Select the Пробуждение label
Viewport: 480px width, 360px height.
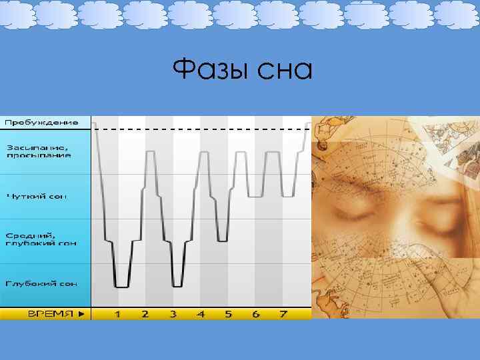42,123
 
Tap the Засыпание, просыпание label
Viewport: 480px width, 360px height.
39,151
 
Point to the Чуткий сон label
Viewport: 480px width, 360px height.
37,197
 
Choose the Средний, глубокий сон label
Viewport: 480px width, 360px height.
41,239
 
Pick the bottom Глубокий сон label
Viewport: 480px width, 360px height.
41,283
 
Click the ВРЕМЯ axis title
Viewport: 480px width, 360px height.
50,313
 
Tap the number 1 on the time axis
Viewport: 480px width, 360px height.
117,313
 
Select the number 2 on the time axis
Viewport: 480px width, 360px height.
145,313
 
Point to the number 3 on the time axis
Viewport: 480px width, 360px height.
173,313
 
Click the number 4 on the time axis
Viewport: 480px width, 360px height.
201,313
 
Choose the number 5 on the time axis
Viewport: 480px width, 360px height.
228,313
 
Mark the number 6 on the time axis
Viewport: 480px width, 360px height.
256,313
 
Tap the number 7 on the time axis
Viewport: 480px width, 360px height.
283,313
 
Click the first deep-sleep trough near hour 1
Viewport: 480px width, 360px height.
121,286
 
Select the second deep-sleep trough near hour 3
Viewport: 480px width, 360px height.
177,286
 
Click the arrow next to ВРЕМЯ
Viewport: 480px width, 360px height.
81,313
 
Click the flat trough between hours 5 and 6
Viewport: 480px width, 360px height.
255,196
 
